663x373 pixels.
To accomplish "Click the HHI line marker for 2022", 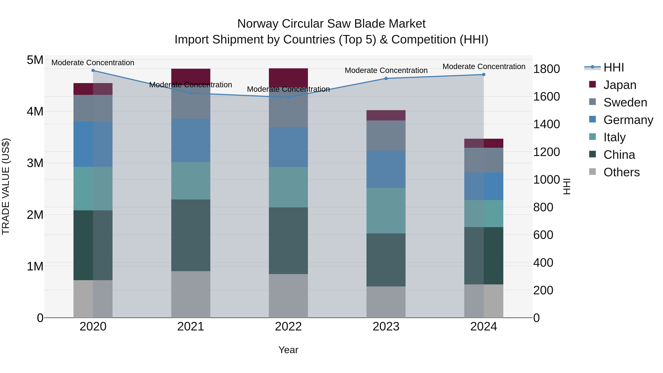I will pos(288,97).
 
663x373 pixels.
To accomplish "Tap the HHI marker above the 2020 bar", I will pos(93,71).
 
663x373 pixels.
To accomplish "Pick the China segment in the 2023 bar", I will pos(386,260).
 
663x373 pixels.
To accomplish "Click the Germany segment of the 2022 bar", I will pos(288,147).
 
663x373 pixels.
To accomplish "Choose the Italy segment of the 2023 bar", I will pos(386,211).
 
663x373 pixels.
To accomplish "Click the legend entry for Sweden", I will pos(625,102).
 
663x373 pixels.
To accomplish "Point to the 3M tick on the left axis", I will pos(35,163).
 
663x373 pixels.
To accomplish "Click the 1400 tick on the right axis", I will pos(546,124).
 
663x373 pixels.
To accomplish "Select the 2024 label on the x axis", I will pos(484,327).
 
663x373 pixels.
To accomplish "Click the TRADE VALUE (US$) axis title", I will pos(6,186).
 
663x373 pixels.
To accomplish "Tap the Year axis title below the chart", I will pos(288,350).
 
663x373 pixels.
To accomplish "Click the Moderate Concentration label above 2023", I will pos(386,70).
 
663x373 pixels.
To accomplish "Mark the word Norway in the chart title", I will pos(258,24).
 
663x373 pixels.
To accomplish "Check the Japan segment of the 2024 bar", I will pos(484,143).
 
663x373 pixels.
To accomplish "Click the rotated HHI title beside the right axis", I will pos(567,186).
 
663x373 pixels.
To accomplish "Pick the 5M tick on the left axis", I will pos(35,60).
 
